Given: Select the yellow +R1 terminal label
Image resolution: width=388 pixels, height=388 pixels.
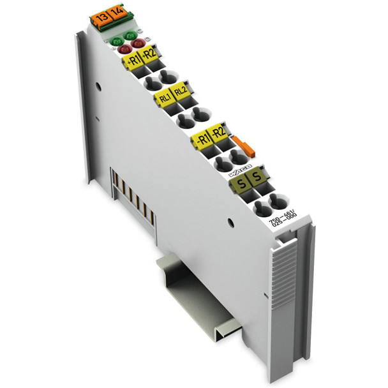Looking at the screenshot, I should [x=133, y=61].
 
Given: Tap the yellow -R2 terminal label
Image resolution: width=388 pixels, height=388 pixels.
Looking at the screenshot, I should [x=218, y=131].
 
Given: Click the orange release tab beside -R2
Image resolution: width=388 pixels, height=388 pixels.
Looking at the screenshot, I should [x=240, y=144].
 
